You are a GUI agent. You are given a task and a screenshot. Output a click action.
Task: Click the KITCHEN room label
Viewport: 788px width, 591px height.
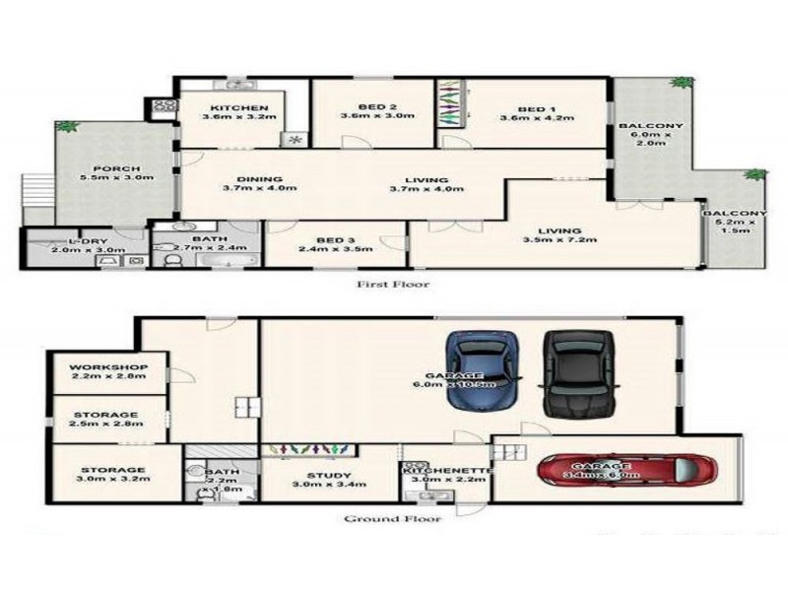[x=233, y=108]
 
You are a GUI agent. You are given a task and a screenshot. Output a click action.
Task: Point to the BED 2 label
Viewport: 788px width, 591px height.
[x=374, y=108]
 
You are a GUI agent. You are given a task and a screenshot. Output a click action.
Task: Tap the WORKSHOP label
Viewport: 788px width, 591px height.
[x=108, y=367]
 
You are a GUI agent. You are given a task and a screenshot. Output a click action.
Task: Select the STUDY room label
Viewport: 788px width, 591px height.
[x=315, y=476]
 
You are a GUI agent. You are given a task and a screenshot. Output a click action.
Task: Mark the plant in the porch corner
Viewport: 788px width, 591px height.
[x=67, y=127]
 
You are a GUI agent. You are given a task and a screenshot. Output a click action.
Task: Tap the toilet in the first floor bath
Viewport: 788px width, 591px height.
[x=173, y=259]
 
